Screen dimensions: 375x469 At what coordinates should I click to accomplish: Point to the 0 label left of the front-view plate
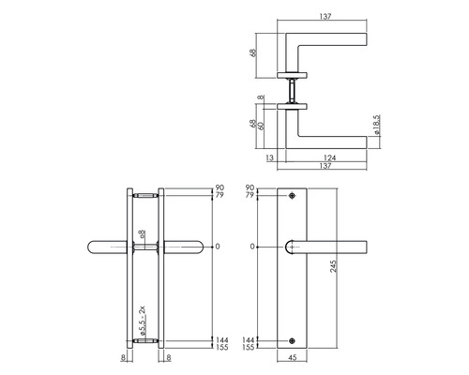pyautogui.click(x=249, y=247)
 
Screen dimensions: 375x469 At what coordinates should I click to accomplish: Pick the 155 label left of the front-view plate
pyautogui.click(x=247, y=348)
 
